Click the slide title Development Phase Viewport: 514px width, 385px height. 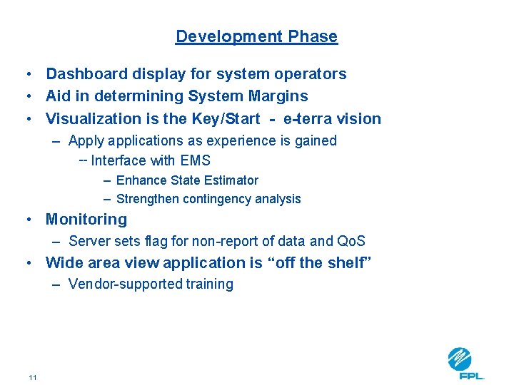click(256, 36)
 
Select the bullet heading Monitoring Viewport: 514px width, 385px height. click(86, 220)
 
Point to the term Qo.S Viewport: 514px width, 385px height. click(351, 242)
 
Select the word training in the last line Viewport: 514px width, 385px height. click(210, 284)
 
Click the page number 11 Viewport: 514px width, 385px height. click(32, 376)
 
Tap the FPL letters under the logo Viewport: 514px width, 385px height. click(472, 376)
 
